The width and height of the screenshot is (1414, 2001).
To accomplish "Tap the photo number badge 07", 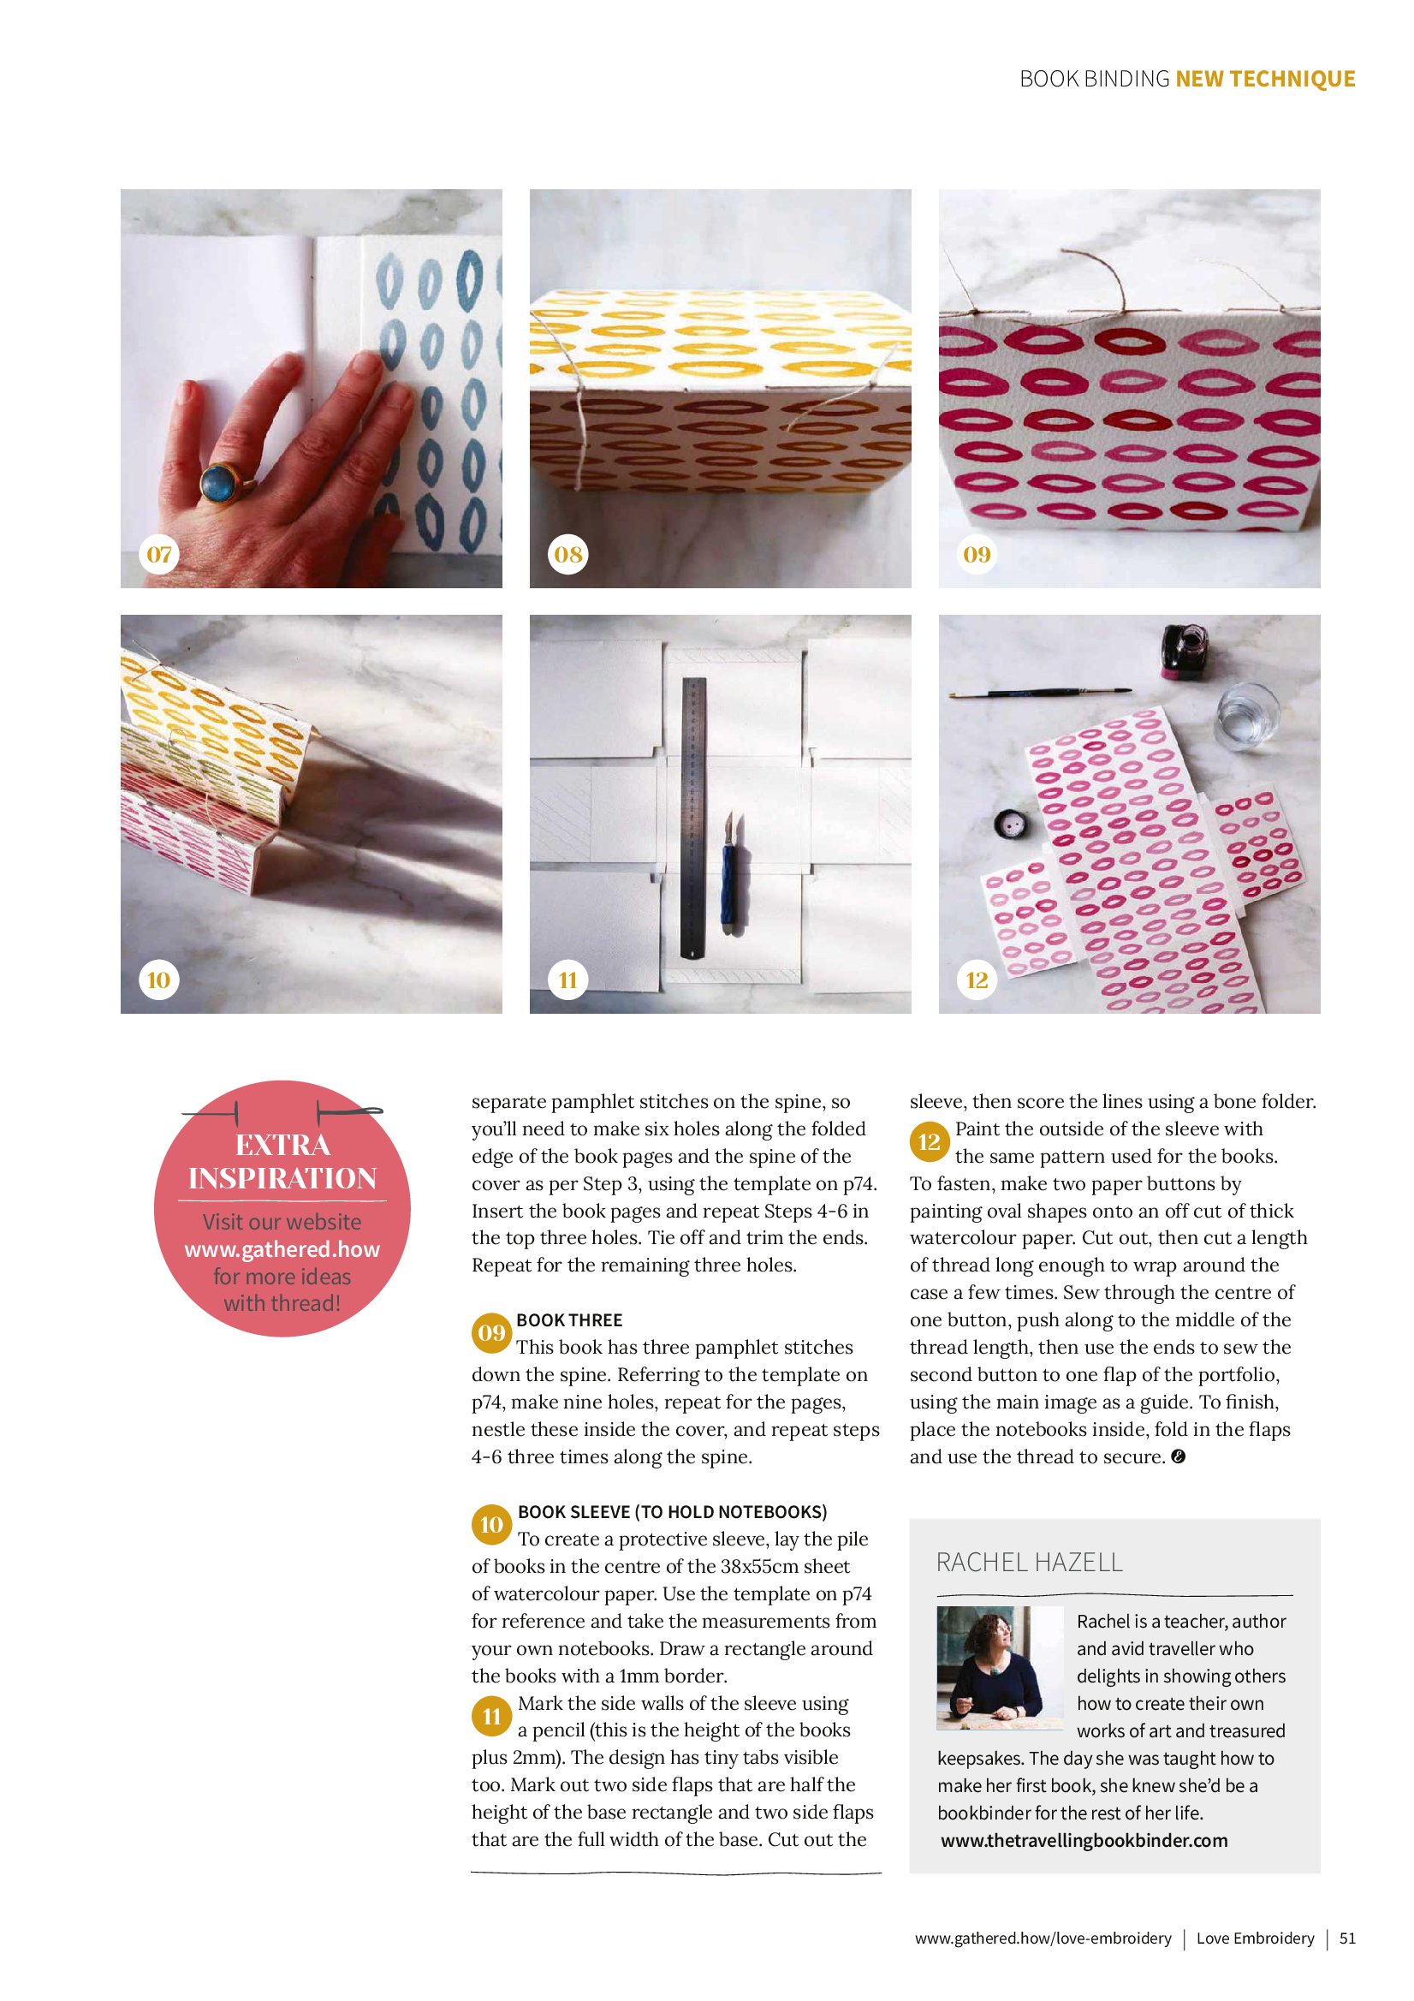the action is point(158,554).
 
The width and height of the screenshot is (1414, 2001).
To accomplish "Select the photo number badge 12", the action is point(977,980).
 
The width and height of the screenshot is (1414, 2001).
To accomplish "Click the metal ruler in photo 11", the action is point(694,819).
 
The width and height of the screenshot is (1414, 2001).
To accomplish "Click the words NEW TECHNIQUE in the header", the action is point(1265,80).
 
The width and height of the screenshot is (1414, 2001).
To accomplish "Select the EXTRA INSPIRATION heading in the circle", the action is point(282,1162).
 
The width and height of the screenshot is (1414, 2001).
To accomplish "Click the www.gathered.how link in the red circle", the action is point(282,1249).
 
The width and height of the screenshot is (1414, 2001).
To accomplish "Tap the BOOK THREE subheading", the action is point(569,1320).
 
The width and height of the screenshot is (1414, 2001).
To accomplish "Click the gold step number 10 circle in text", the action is point(491,1524).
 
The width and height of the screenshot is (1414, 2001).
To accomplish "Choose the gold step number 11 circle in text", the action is point(491,1716).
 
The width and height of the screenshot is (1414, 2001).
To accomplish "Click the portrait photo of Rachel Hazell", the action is point(1001,1667).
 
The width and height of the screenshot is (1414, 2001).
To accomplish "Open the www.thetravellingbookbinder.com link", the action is point(1084,1841).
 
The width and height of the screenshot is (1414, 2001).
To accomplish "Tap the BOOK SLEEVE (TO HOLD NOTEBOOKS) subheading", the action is point(673,1512).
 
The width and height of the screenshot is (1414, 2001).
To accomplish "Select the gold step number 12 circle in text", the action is point(930,1141).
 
